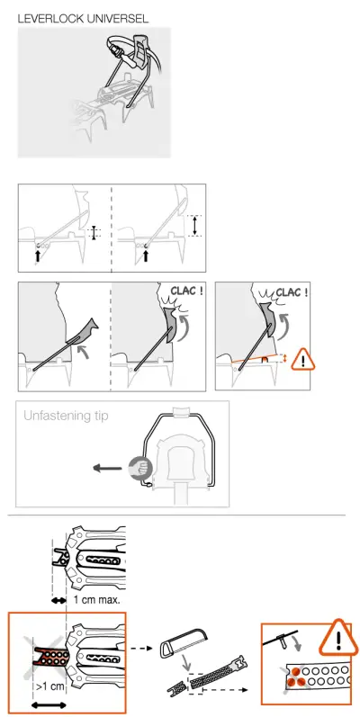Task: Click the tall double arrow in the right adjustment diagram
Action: click(x=194, y=225)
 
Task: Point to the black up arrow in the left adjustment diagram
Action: click(x=37, y=255)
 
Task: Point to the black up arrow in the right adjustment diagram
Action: click(x=146, y=255)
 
